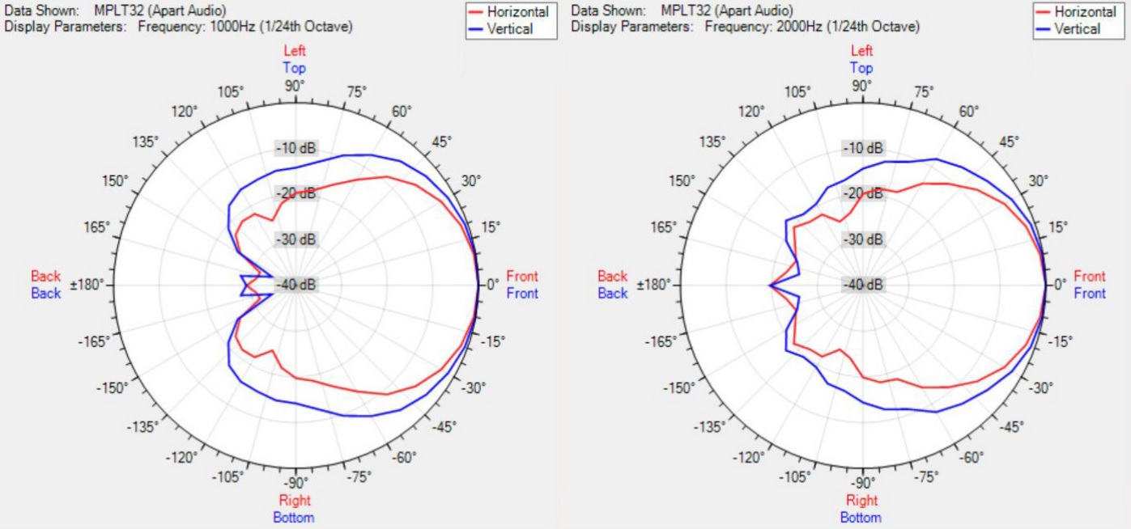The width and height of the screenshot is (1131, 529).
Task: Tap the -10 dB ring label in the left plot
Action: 296,149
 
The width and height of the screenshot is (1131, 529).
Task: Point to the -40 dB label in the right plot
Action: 862,285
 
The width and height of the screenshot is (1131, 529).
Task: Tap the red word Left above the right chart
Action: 862,51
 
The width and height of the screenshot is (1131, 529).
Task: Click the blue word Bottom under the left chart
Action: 295,517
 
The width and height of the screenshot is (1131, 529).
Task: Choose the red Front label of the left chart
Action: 521,277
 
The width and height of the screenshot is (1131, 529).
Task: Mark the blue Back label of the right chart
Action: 612,293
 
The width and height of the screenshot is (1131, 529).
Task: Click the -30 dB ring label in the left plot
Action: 296,239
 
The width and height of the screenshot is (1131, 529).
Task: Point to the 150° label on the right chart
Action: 681,180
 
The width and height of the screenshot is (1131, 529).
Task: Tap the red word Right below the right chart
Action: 862,501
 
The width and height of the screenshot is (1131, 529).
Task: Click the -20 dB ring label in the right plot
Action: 862,194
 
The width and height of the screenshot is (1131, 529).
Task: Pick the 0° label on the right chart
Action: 1059,285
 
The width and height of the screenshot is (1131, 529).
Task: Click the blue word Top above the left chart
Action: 295,68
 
